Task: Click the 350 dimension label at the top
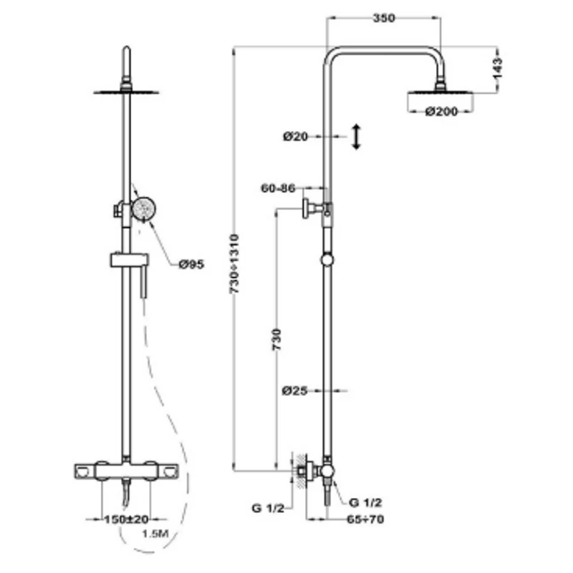384,18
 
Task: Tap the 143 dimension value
497,67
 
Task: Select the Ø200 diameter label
441,112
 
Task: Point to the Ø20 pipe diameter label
295,137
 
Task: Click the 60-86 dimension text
278,188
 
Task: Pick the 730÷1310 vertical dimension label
234,264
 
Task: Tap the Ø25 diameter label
294,390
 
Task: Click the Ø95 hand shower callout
191,264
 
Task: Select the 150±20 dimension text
127,519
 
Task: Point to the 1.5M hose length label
155,534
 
